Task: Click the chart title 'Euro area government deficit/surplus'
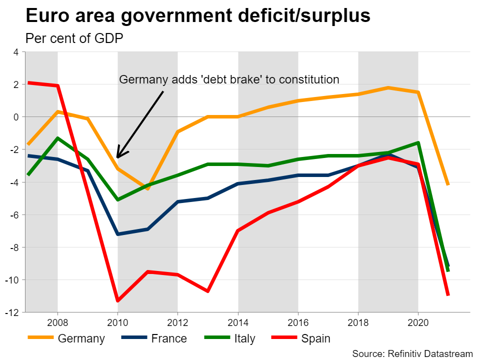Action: [x=198, y=16]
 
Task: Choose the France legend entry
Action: [x=168, y=338]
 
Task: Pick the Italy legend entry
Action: [x=244, y=338]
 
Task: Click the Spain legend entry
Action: [x=315, y=338]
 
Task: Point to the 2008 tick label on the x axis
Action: [x=57, y=320]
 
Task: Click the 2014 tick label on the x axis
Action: [x=238, y=320]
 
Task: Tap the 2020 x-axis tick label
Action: [x=418, y=320]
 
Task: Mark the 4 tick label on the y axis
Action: [x=15, y=52]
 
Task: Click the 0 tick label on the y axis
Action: [x=15, y=117]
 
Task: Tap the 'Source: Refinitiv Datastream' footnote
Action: [x=412, y=353]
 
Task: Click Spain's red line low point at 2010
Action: [x=117, y=300]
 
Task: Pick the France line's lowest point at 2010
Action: [x=117, y=234]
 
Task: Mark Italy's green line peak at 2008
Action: [x=58, y=138]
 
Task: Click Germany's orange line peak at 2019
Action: [x=388, y=88]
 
